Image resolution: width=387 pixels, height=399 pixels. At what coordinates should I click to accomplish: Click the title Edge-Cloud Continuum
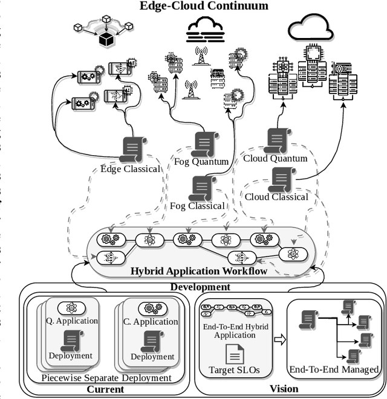(204, 7)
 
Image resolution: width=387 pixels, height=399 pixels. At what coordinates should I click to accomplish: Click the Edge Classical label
(129, 168)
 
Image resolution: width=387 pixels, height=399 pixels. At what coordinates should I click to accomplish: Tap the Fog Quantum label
(201, 161)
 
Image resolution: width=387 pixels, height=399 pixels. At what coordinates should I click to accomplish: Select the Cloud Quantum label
(275, 158)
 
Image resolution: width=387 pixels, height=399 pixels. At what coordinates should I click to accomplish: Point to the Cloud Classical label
(277, 196)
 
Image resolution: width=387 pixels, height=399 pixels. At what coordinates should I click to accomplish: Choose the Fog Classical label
(197, 206)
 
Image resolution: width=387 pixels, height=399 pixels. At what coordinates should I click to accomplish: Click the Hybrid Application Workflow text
(199, 271)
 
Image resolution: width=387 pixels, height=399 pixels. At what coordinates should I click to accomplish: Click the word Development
(200, 287)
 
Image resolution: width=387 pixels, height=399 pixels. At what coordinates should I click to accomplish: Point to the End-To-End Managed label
(334, 369)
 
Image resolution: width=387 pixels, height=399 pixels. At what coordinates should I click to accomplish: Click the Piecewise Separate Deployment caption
(106, 378)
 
